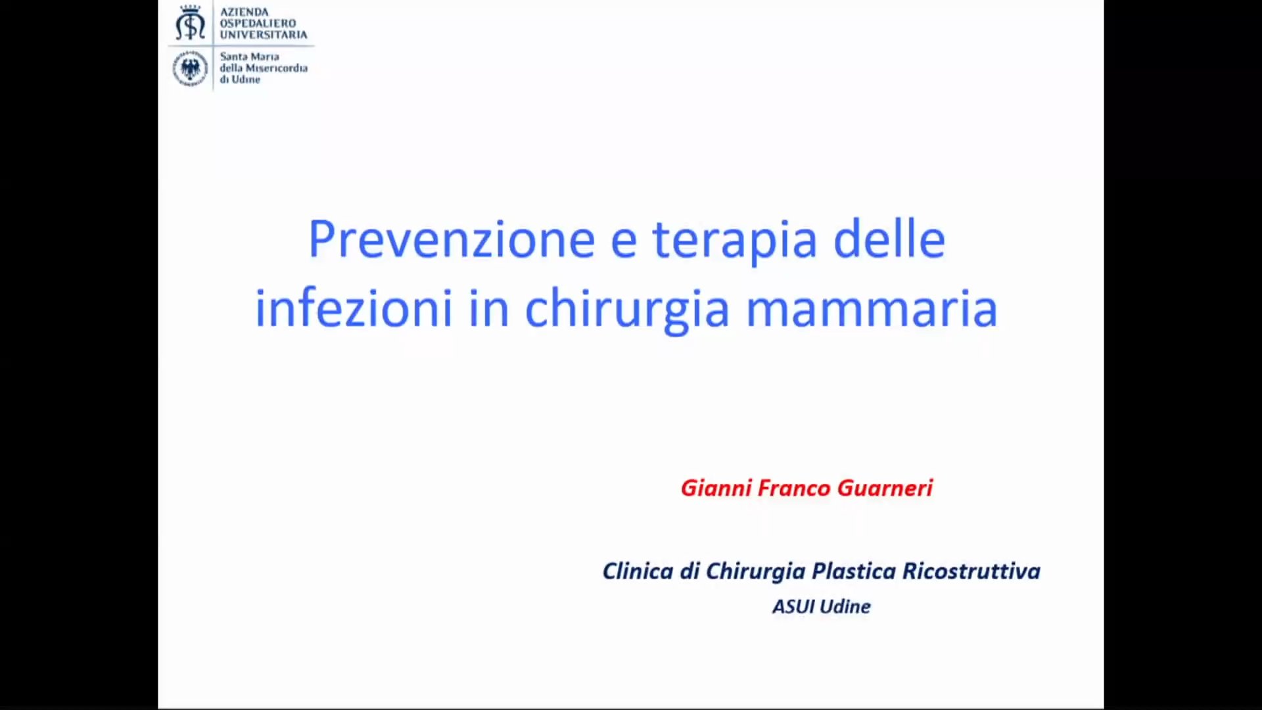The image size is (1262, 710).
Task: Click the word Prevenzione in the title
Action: click(x=452, y=240)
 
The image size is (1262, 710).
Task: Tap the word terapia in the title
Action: click(x=734, y=242)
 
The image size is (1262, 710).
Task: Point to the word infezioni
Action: click(x=354, y=307)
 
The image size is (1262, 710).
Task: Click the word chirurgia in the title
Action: click(x=627, y=310)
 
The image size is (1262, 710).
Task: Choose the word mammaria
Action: click(x=872, y=310)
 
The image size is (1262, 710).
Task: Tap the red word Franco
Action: click(x=793, y=488)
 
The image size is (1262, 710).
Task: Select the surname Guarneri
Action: click(x=885, y=488)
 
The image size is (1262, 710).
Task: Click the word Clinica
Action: click(x=638, y=571)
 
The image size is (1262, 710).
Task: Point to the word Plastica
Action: click(x=854, y=571)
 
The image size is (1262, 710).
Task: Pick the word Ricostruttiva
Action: click(x=971, y=571)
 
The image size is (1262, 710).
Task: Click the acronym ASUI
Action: click(x=793, y=606)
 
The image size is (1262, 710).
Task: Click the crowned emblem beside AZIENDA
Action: click(x=190, y=24)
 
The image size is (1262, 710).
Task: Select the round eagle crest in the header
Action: click(x=190, y=69)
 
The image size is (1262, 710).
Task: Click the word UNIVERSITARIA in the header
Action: click(x=264, y=34)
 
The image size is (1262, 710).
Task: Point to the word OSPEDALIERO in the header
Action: click(x=258, y=23)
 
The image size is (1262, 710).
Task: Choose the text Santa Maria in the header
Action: click(x=249, y=57)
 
